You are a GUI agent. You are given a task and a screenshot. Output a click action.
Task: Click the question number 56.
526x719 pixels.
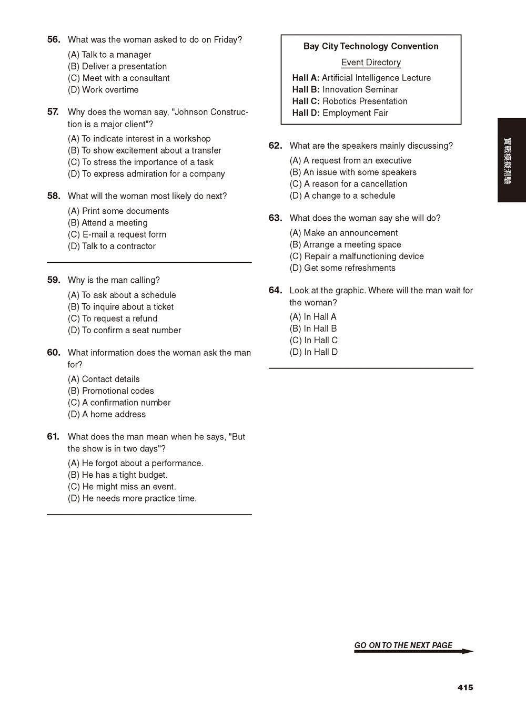click(x=54, y=40)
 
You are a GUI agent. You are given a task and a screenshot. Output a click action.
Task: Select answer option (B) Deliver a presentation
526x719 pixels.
click(x=117, y=66)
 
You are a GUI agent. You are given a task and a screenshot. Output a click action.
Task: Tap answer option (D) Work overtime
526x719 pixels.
click(x=103, y=90)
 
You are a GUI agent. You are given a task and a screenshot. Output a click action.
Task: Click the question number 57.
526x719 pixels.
click(x=53, y=112)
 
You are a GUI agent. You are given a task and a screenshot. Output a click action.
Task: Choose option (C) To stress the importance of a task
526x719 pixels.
click(x=140, y=162)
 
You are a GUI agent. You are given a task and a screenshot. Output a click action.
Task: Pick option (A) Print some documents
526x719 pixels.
click(x=118, y=211)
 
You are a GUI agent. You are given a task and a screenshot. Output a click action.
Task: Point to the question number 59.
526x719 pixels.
click(x=54, y=280)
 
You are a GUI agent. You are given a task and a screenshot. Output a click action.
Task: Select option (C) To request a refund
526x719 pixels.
click(x=113, y=319)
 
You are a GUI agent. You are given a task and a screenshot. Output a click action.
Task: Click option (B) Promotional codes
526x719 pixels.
click(x=111, y=391)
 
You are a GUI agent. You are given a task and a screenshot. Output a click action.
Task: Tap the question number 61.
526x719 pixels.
click(x=53, y=437)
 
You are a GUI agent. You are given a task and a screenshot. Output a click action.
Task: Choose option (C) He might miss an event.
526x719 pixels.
click(x=122, y=487)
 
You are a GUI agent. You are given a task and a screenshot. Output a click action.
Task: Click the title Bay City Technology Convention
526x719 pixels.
click(x=371, y=46)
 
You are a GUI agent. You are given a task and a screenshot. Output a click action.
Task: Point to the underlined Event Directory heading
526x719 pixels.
click(x=371, y=63)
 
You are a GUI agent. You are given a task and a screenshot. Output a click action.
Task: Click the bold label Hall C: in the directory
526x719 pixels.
click(x=306, y=101)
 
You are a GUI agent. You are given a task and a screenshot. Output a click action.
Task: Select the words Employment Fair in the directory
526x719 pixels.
click(x=355, y=113)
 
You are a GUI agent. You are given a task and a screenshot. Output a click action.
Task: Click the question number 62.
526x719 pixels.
click(x=275, y=146)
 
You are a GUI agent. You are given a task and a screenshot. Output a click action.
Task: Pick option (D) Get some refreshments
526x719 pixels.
click(x=342, y=268)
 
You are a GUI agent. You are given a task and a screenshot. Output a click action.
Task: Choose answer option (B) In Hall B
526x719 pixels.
click(x=313, y=328)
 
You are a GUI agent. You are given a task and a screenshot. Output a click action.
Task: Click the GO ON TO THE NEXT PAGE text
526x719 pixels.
click(x=403, y=645)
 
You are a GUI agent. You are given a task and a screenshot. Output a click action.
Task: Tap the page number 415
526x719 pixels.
click(x=465, y=687)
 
